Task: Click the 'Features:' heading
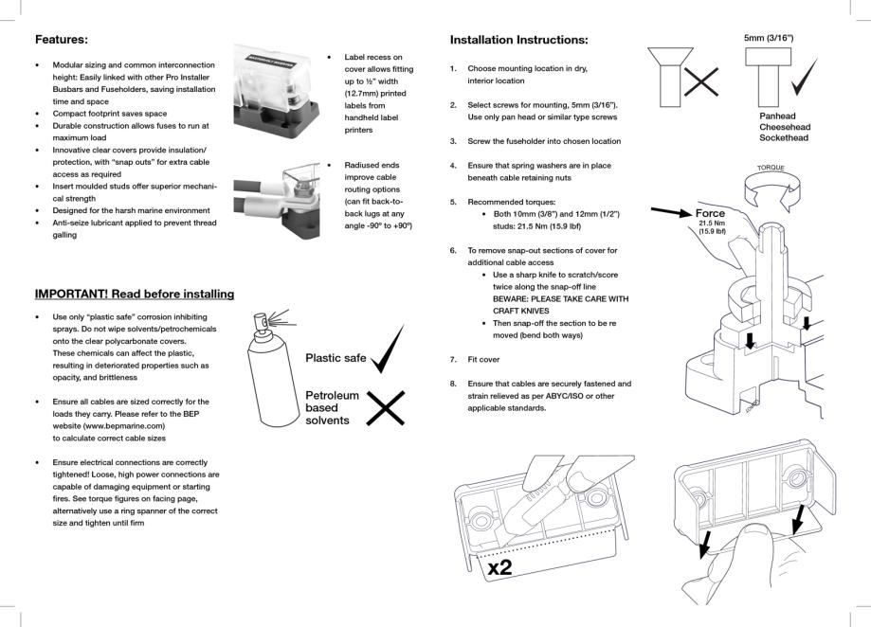pos(62,40)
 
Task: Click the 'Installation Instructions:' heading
pos(518,40)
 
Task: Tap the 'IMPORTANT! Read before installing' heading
pos(135,294)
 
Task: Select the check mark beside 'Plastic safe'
pos(388,351)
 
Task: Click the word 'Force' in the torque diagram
pos(710,213)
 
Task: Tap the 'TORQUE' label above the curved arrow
pos(771,168)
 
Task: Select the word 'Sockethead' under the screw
pos(784,138)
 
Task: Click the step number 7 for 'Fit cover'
pos(453,360)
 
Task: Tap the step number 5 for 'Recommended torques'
pos(453,202)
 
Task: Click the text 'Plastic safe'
pos(336,358)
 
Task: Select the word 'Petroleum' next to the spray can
pos(332,395)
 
